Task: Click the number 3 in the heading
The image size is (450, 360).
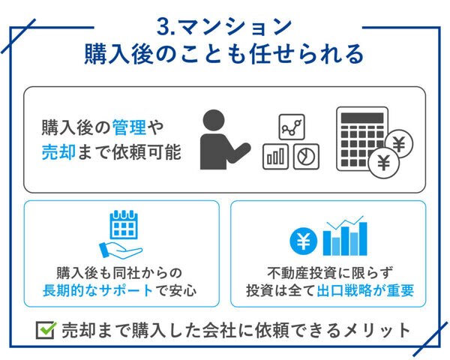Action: click(x=163, y=27)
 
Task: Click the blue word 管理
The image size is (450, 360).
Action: click(x=130, y=127)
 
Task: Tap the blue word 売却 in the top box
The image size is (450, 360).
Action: click(x=58, y=151)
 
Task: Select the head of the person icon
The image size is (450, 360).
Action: click(x=214, y=120)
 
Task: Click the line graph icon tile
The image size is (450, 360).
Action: click(x=292, y=127)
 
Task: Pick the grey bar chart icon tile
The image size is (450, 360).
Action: click(x=275, y=157)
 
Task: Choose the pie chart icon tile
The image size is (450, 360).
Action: click(x=306, y=157)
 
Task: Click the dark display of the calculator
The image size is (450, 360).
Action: click(x=362, y=118)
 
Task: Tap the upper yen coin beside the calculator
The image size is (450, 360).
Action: click(x=399, y=144)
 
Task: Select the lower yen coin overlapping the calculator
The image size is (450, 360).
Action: click(x=384, y=163)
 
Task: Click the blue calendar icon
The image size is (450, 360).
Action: click(x=124, y=224)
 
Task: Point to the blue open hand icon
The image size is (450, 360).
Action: click(x=121, y=251)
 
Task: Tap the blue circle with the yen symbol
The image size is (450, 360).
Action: click(x=304, y=241)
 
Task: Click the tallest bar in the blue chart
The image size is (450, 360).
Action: click(x=363, y=238)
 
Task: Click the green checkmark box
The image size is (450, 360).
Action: click(x=46, y=330)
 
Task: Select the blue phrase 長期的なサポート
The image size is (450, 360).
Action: click(x=97, y=290)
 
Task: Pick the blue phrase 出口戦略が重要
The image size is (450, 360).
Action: click(x=365, y=290)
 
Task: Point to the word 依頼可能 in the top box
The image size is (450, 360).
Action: click(x=147, y=151)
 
